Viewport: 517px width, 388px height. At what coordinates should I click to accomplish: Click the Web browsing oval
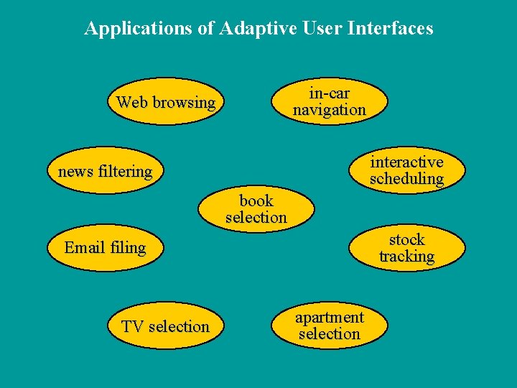[165, 102]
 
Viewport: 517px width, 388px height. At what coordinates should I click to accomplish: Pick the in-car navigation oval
[330, 101]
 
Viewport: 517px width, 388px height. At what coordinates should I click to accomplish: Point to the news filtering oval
[106, 172]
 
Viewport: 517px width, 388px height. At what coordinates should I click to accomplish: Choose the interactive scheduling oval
[406, 170]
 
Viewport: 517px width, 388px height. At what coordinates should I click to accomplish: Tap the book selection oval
[256, 209]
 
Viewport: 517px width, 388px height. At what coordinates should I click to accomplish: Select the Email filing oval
[105, 248]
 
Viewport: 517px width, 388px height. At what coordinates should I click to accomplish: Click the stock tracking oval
[406, 248]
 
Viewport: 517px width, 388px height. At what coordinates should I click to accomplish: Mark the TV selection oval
[165, 327]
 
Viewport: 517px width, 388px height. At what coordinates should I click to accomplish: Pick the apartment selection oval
[330, 325]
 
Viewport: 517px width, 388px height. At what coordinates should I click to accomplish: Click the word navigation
[330, 110]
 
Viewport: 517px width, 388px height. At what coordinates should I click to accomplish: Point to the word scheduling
[406, 179]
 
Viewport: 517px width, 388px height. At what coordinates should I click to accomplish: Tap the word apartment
[330, 317]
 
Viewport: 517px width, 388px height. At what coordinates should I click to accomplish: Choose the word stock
[407, 239]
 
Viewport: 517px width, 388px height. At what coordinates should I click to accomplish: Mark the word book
[256, 200]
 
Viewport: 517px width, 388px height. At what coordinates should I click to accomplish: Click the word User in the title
[321, 29]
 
